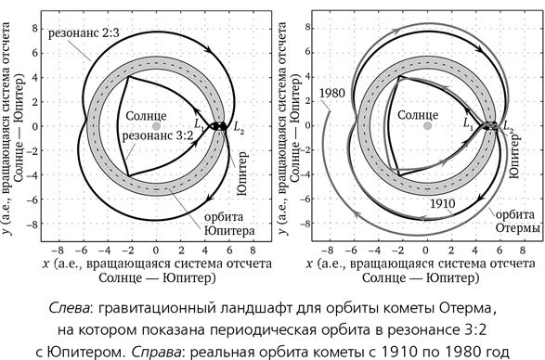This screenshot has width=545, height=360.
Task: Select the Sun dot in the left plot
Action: [x=157, y=125]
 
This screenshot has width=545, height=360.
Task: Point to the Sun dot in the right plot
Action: [x=426, y=125]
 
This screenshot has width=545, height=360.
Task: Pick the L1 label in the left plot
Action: [x=198, y=122]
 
